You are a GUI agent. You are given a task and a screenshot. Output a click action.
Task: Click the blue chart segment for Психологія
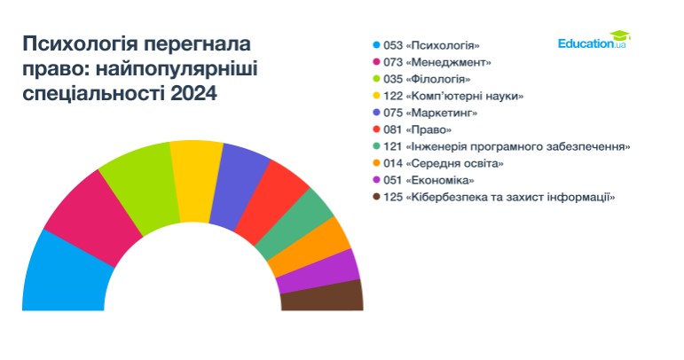(x=66, y=275)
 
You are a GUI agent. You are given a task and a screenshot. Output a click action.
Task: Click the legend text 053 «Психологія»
(x=431, y=45)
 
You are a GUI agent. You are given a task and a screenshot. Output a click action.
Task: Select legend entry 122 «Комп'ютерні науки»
(x=453, y=96)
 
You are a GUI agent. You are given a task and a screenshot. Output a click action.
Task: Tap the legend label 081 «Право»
(x=418, y=129)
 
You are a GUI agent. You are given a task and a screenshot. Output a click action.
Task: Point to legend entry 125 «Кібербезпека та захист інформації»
(x=499, y=197)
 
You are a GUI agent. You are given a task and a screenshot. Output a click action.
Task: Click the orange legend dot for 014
(x=377, y=163)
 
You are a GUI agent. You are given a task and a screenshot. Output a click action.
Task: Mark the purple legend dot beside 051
(x=377, y=180)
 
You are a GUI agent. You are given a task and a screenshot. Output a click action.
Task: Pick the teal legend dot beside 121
(x=377, y=146)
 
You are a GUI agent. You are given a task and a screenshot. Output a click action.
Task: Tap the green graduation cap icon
(x=620, y=35)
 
